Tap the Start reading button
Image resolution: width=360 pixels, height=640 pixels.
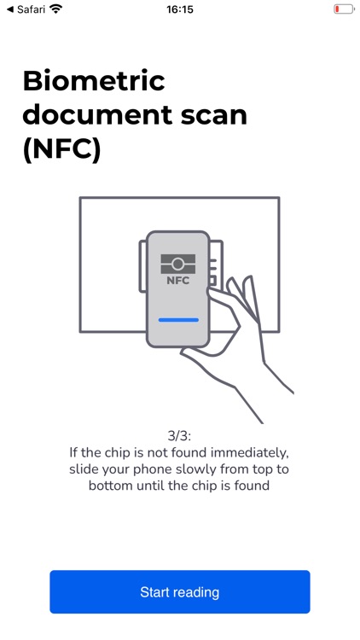point(179,592)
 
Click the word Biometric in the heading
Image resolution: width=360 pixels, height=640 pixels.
point(94,81)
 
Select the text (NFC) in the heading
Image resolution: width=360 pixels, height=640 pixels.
point(61,149)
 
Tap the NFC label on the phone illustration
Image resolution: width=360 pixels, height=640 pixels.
point(178,280)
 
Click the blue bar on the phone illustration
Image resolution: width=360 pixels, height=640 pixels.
point(178,320)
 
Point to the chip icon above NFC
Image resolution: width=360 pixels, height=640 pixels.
point(178,263)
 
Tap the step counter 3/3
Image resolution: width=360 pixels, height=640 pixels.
point(179,436)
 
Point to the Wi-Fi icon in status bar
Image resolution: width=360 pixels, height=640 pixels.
point(56,9)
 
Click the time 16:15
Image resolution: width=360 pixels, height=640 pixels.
point(180,9)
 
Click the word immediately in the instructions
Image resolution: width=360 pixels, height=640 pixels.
point(247,453)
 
